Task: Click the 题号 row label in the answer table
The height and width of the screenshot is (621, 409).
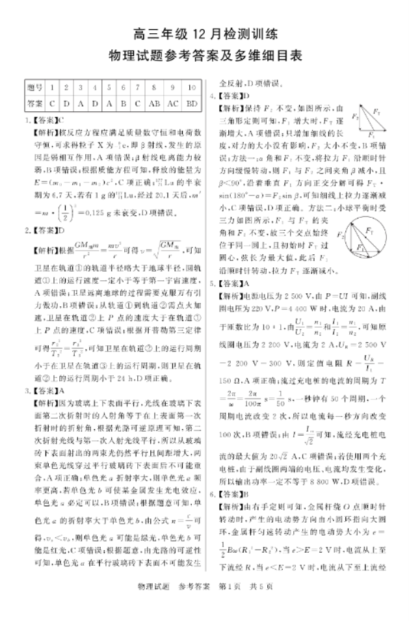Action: [35, 87]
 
